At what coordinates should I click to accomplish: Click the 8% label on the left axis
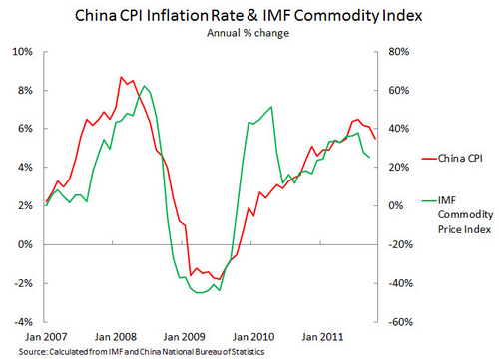click(x=27, y=90)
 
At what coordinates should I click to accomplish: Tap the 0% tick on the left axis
click(x=27, y=244)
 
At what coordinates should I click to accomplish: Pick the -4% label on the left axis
click(x=25, y=322)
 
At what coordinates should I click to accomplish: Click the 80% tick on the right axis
click(x=390, y=51)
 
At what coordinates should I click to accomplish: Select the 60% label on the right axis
click(x=390, y=90)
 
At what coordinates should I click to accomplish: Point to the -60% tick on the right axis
click(x=392, y=322)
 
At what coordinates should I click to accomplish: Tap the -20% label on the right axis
click(x=392, y=244)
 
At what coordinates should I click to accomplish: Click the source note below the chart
click(x=130, y=352)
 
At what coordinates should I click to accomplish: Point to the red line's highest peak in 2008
click(x=121, y=77)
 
